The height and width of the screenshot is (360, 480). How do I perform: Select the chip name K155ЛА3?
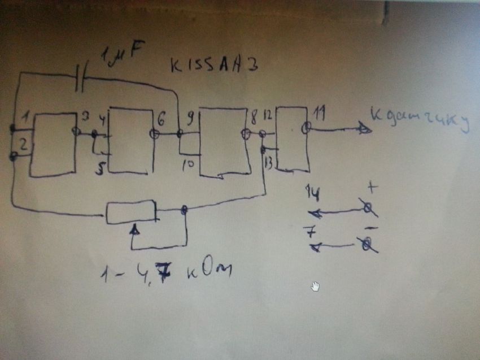coord(214,66)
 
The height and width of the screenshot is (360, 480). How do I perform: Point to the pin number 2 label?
coord(23,145)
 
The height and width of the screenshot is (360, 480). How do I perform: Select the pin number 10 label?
coord(189,164)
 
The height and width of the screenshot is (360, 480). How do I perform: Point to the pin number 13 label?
coord(269,163)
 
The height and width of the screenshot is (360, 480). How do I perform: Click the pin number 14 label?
coord(313,193)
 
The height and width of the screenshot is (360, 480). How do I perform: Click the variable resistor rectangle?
coord(131,212)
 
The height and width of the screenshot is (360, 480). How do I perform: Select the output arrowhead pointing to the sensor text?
coord(364,129)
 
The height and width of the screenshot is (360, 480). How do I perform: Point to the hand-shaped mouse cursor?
coord(315,287)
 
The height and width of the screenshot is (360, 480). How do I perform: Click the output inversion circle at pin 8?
coord(246,134)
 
